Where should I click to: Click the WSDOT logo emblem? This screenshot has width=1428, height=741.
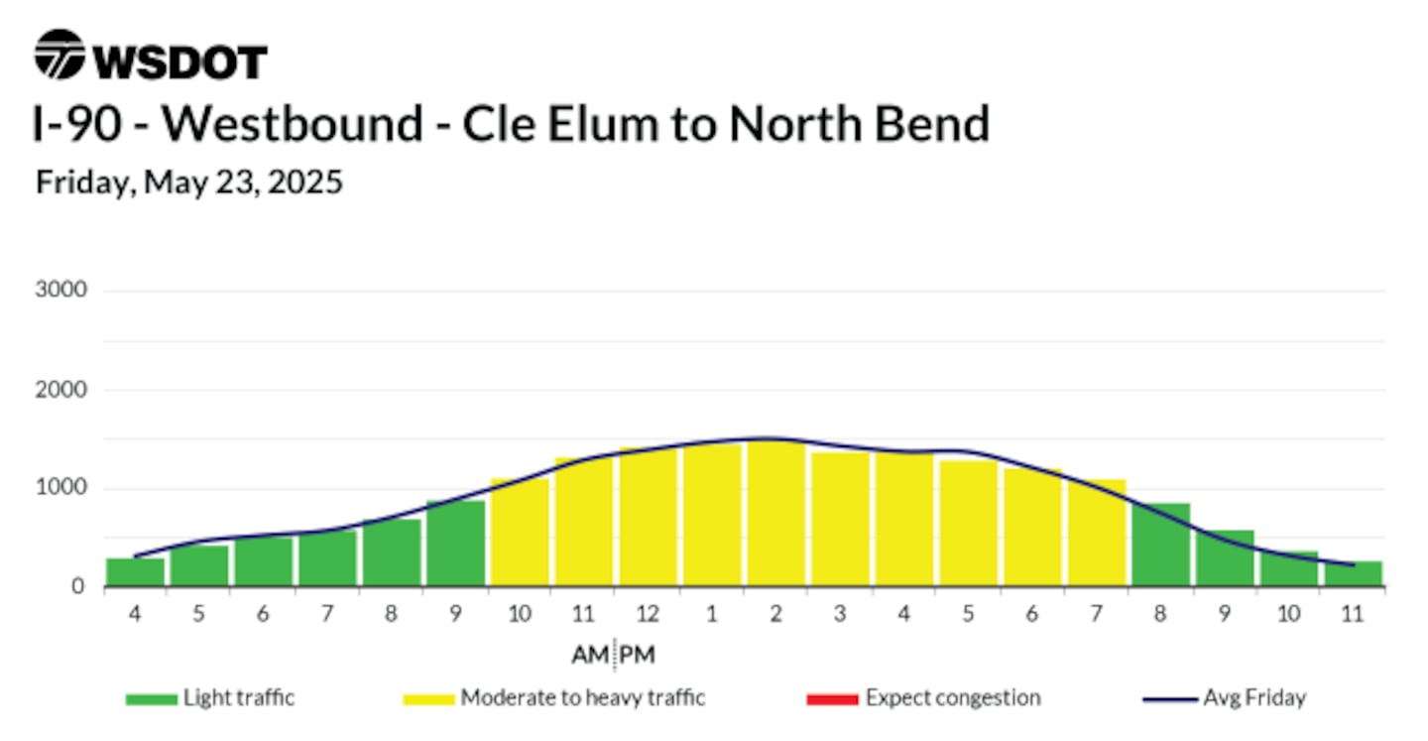(x=59, y=55)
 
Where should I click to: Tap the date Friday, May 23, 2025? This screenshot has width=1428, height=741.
(x=189, y=183)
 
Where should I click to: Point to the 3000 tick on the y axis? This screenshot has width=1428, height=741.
(x=61, y=290)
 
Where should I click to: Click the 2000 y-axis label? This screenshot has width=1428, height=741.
(x=61, y=390)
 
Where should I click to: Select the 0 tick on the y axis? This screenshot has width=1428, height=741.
(x=77, y=586)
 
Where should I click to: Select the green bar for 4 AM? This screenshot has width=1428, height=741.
(x=135, y=572)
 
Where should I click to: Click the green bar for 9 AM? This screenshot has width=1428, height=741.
(x=456, y=544)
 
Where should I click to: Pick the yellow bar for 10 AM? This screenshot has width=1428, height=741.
(x=520, y=532)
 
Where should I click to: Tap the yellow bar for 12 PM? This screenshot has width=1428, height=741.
(x=649, y=517)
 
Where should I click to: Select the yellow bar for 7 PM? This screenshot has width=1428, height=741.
(x=1097, y=533)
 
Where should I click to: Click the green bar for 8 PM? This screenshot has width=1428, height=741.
(x=1161, y=545)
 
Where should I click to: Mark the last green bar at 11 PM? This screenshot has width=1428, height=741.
(x=1354, y=574)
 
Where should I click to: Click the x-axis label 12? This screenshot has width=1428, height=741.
(x=648, y=614)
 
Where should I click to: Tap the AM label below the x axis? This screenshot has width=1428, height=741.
(x=590, y=655)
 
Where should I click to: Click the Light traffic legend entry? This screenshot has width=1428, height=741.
(x=210, y=698)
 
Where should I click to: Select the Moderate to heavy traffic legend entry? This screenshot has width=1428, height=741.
(x=554, y=698)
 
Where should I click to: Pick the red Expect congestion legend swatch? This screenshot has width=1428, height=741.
(x=833, y=699)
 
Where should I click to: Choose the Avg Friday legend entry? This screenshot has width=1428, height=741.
(x=1225, y=698)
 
